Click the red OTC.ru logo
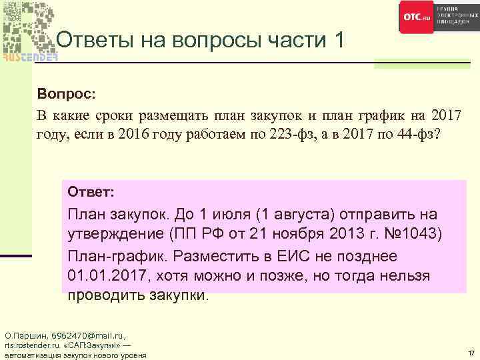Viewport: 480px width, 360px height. click(x=417, y=17)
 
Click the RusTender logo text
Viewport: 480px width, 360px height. click(x=29, y=57)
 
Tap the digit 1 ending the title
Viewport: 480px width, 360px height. click(x=337, y=41)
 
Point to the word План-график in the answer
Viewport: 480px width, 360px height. click(x=109, y=256)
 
